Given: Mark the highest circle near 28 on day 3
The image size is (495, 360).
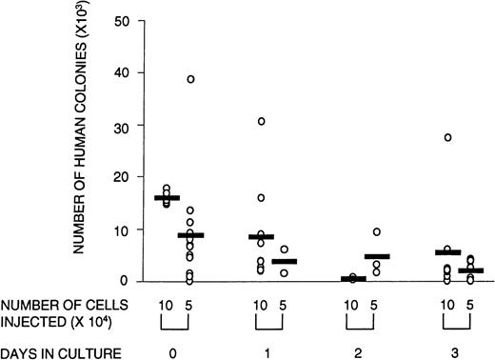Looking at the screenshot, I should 447,137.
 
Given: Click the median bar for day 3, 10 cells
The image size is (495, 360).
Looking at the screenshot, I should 447,252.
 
